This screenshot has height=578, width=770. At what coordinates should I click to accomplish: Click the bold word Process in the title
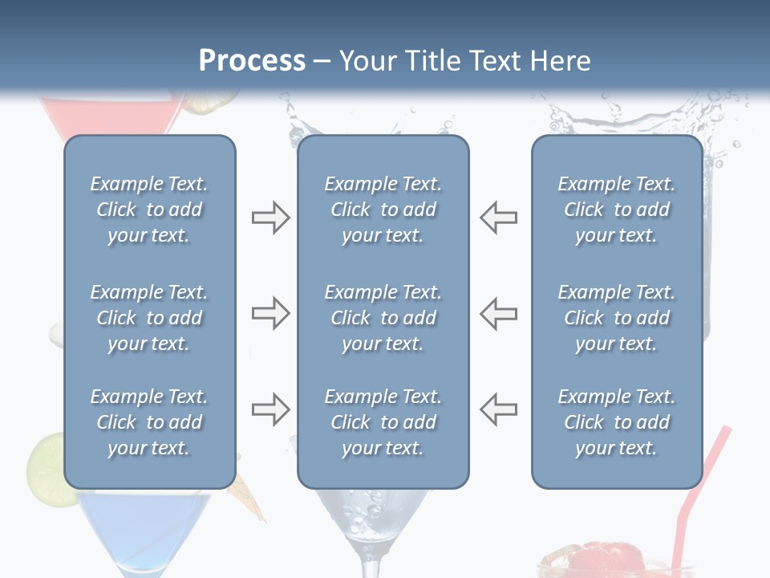pos(252,61)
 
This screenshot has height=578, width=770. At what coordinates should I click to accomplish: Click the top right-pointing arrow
pos(270,218)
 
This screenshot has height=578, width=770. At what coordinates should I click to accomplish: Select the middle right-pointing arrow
pos(270,313)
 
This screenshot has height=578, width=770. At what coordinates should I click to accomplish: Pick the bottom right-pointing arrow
pos(270,410)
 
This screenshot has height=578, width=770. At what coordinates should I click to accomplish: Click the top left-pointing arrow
pos(498,218)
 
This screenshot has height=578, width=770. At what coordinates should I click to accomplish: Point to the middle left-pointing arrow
pos(498,313)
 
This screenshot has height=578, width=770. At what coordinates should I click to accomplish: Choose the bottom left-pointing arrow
pos(498,410)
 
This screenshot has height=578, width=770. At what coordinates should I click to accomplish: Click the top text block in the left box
pos(149,210)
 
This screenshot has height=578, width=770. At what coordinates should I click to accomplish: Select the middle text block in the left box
pos(149,318)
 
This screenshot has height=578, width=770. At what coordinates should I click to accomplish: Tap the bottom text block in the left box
pos(149,422)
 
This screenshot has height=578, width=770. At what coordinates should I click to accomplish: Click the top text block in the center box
pos(383,210)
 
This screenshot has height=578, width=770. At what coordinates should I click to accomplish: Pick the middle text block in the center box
pos(383,318)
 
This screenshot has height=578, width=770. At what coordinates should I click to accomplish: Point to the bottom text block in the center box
pos(383,422)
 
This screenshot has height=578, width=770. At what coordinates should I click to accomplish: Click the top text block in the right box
pos(617,210)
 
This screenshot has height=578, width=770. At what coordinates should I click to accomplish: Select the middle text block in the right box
pos(617,318)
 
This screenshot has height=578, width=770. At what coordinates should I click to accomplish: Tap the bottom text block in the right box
pos(617,422)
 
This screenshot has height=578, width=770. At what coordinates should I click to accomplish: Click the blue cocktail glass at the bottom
pos(144,526)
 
